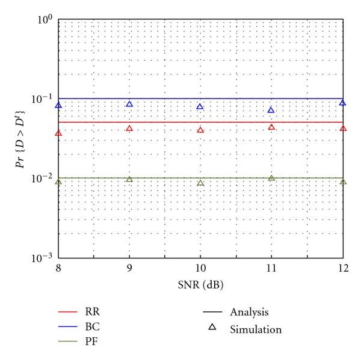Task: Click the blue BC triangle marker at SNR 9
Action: pos(129,105)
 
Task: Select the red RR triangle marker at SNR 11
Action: pos(271,127)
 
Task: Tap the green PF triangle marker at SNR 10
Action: pos(200,183)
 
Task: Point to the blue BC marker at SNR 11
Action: pos(271,111)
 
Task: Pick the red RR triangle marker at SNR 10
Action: pos(200,130)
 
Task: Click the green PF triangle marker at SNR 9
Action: pos(129,180)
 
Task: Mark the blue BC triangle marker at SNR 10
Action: pos(200,107)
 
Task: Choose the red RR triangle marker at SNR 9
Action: pos(129,129)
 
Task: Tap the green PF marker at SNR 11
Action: pos(271,178)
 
